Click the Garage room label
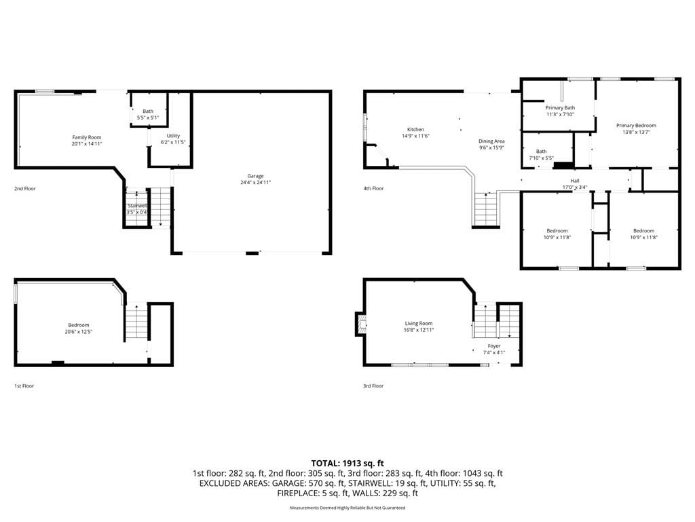[255, 176]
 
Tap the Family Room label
[87, 137]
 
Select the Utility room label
[173, 136]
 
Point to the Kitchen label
[416, 130]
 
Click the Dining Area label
[491, 141]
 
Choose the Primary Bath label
[560, 108]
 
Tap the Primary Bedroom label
[636, 126]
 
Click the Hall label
[575, 181]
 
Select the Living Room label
[418, 324]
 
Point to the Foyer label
[494, 346]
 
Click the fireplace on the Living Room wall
[360, 324]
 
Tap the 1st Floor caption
[24, 386]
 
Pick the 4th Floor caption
[373, 189]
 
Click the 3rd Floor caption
[373, 386]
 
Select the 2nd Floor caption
[25, 189]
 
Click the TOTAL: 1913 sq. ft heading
[347, 464]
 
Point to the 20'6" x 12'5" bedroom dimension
[79, 332]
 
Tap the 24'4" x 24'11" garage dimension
[255, 182]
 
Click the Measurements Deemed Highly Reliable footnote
[347, 508]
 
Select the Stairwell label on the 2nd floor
[137, 206]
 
